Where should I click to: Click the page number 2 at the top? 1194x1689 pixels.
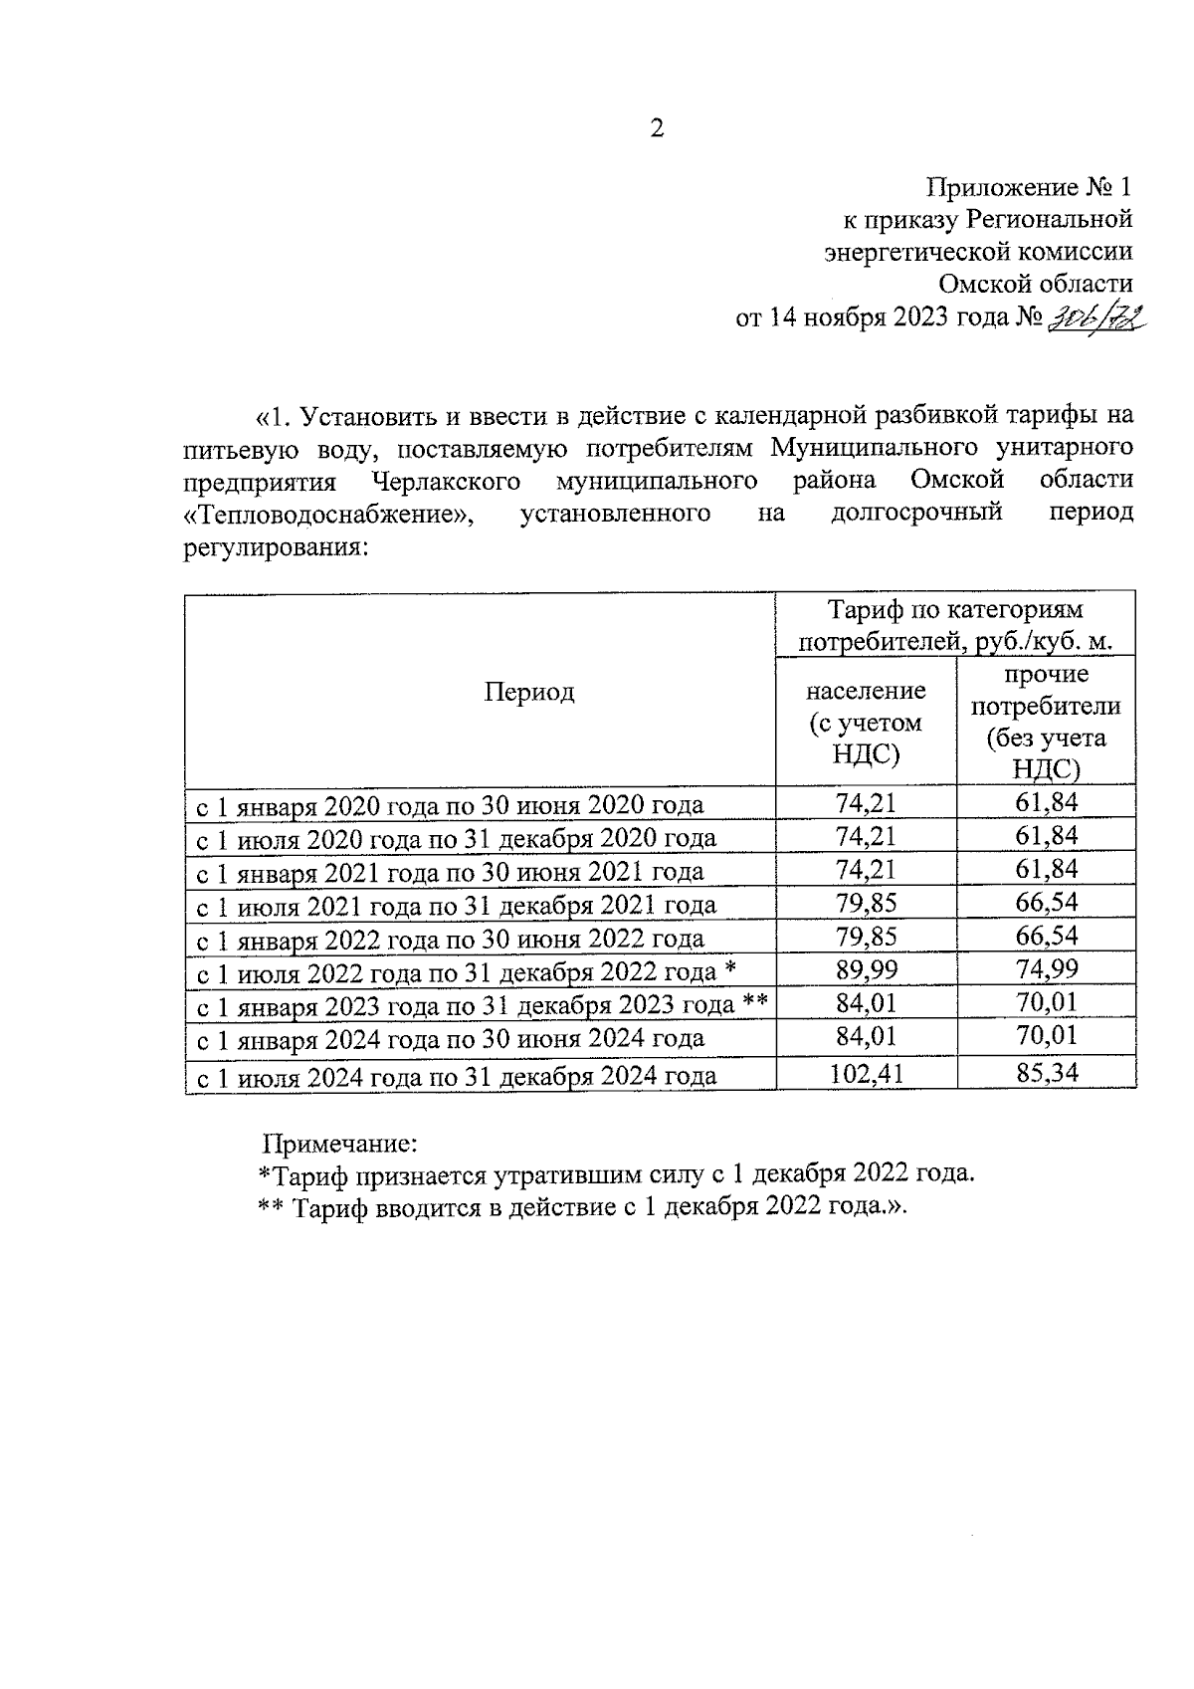coord(656,128)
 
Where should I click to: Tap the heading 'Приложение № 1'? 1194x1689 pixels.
coord(1029,187)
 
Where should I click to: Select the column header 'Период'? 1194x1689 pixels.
coord(528,692)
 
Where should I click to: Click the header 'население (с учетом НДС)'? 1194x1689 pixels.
coord(865,722)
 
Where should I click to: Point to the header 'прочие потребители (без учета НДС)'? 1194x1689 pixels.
coord(1045,722)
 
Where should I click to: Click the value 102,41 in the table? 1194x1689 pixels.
coord(865,1073)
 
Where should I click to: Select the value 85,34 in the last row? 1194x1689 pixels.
coord(1046,1072)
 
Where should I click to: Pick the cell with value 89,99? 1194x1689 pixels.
coord(865,969)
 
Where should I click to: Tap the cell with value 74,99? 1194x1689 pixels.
coord(1046,969)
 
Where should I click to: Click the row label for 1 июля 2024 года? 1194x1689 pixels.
coord(455,1076)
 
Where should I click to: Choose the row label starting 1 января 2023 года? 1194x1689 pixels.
coord(481,1006)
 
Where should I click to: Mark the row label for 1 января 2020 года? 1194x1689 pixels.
coord(449,805)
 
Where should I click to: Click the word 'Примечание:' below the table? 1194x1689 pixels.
coord(339,1143)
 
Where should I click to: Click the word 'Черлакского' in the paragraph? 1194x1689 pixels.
coord(447,482)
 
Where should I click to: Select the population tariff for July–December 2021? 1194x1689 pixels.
coord(865,904)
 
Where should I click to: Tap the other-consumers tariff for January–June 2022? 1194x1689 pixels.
coord(1046,937)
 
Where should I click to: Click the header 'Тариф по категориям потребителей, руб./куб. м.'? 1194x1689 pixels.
coord(955,625)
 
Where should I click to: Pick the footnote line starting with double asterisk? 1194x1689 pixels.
coord(584,1207)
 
